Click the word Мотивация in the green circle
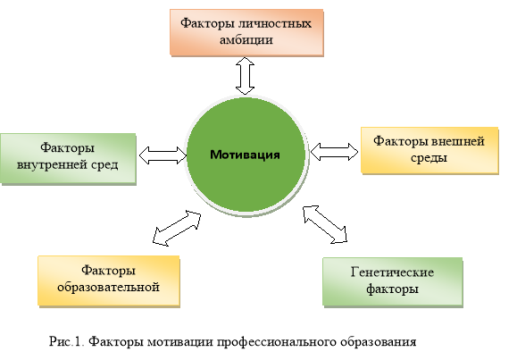245,155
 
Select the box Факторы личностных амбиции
246,32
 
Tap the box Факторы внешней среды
429,150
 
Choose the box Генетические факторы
392,282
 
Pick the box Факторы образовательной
108,280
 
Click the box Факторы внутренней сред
68,158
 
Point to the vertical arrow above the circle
245,76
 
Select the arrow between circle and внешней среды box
334,152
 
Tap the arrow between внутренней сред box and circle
163,155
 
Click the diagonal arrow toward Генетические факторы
325,224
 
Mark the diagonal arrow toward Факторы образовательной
177,229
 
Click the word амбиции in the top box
246,40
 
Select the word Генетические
392,272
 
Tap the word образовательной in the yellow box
108,287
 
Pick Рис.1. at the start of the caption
67,341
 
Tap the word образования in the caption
379,342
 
